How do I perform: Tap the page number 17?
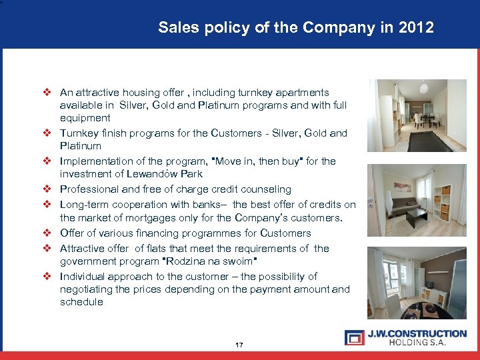tap(239, 345)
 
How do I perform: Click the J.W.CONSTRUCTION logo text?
tap(417, 333)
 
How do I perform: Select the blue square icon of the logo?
tap(354, 337)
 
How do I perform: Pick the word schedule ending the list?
tap(81, 301)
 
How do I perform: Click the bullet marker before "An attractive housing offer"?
tap(47, 93)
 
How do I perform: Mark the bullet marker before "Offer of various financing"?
tap(47, 233)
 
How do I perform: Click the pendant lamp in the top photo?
tap(423, 89)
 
